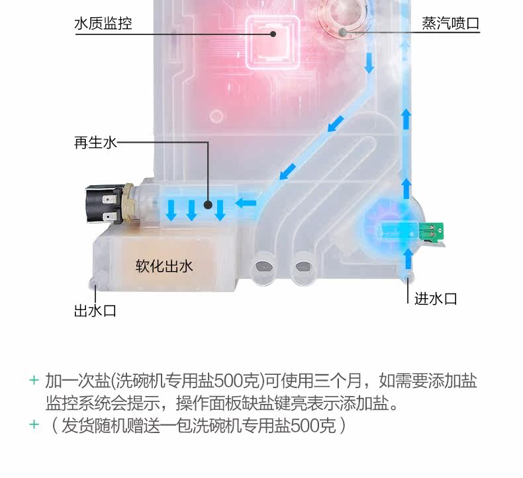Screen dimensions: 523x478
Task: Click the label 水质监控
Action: tap(103, 24)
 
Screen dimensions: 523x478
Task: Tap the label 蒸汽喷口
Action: tap(450, 24)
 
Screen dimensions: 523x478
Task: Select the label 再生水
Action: tap(95, 142)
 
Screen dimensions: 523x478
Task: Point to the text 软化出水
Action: tap(164, 266)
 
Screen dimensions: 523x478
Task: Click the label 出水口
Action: tap(95, 310)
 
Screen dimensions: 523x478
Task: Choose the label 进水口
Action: tap(436, 299)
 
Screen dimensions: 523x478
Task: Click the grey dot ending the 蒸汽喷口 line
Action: tap(343, 31)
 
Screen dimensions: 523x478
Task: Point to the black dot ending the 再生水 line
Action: tap(208, 206)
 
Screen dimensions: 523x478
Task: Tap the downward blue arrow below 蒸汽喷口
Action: tap(369, 64)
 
